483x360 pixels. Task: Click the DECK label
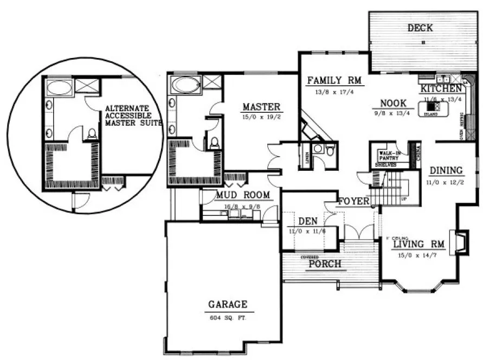click(x=420, y=28)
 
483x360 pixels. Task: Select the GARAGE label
click(x=227, y=305)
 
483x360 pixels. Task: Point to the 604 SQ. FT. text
click(x=227, y=318)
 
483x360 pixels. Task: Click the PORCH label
click(x=325, y=265)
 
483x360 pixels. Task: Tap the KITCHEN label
click(x=440, y=88)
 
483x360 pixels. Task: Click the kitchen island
click(x=434, y=108)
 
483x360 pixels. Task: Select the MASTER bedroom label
click(x=261, y=107)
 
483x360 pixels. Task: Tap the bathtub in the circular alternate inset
click(x=59, y=86)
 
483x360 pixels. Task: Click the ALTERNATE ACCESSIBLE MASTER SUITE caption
click(x=133, y=115)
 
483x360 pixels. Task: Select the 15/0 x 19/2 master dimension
click(x=261, y=116)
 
